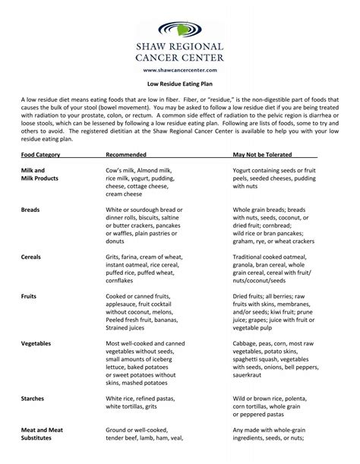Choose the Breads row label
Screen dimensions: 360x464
[x=30, y=207]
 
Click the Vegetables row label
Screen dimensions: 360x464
[x=36, y=343]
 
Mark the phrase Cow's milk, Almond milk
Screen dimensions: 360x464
[x=138, y=171]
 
